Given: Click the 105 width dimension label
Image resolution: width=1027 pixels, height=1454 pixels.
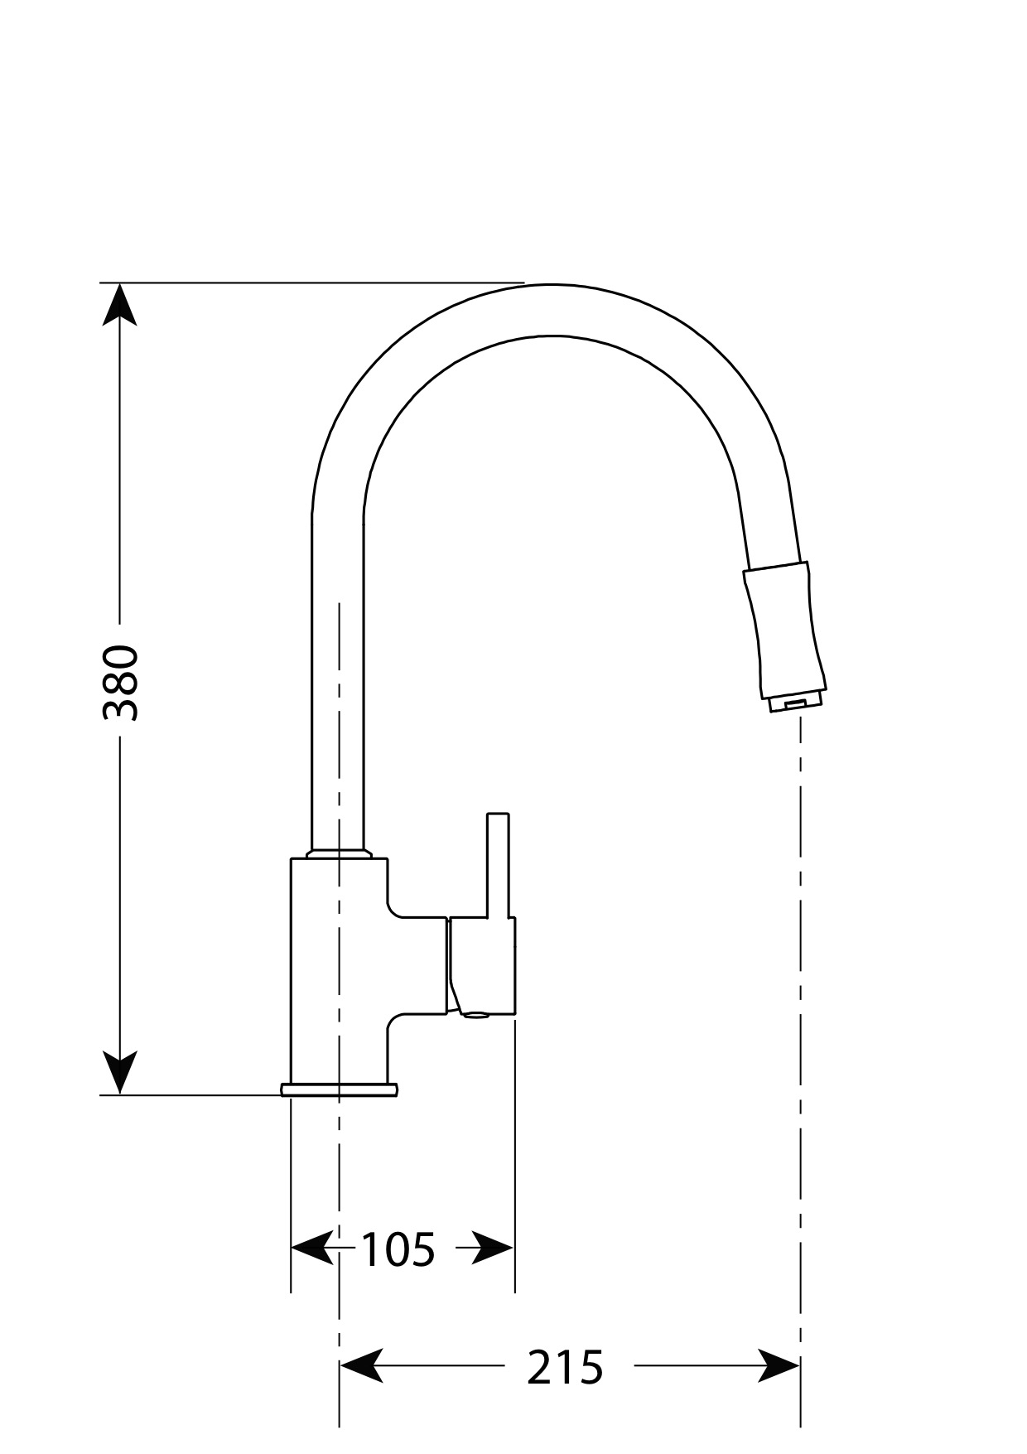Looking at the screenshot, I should click(x=398, y=1249).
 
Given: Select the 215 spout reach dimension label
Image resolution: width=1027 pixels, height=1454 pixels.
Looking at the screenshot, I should click(x=566, y=1367).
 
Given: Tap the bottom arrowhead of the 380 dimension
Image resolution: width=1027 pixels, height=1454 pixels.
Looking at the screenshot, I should click(x=121, y=1072).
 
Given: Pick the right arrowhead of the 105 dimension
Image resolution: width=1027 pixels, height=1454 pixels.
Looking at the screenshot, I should click(x=494, y=1248).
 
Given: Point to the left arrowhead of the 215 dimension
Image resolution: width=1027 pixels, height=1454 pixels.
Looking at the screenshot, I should click(x=361, y=1365).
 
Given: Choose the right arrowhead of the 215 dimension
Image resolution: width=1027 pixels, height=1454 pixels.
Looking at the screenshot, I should click(x=779, y=1365).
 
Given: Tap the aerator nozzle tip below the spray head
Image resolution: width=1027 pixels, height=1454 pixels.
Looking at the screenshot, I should click(x=794, y=703).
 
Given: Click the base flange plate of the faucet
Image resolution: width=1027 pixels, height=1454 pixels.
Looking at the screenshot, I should click(x=340, y=1089).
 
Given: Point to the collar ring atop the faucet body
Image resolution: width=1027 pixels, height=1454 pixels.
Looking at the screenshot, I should click(x=339, y=853).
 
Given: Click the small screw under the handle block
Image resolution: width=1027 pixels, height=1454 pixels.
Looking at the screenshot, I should click(x=475, y=1012).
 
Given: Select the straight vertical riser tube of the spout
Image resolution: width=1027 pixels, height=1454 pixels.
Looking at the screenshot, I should click(x=338, y=679).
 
